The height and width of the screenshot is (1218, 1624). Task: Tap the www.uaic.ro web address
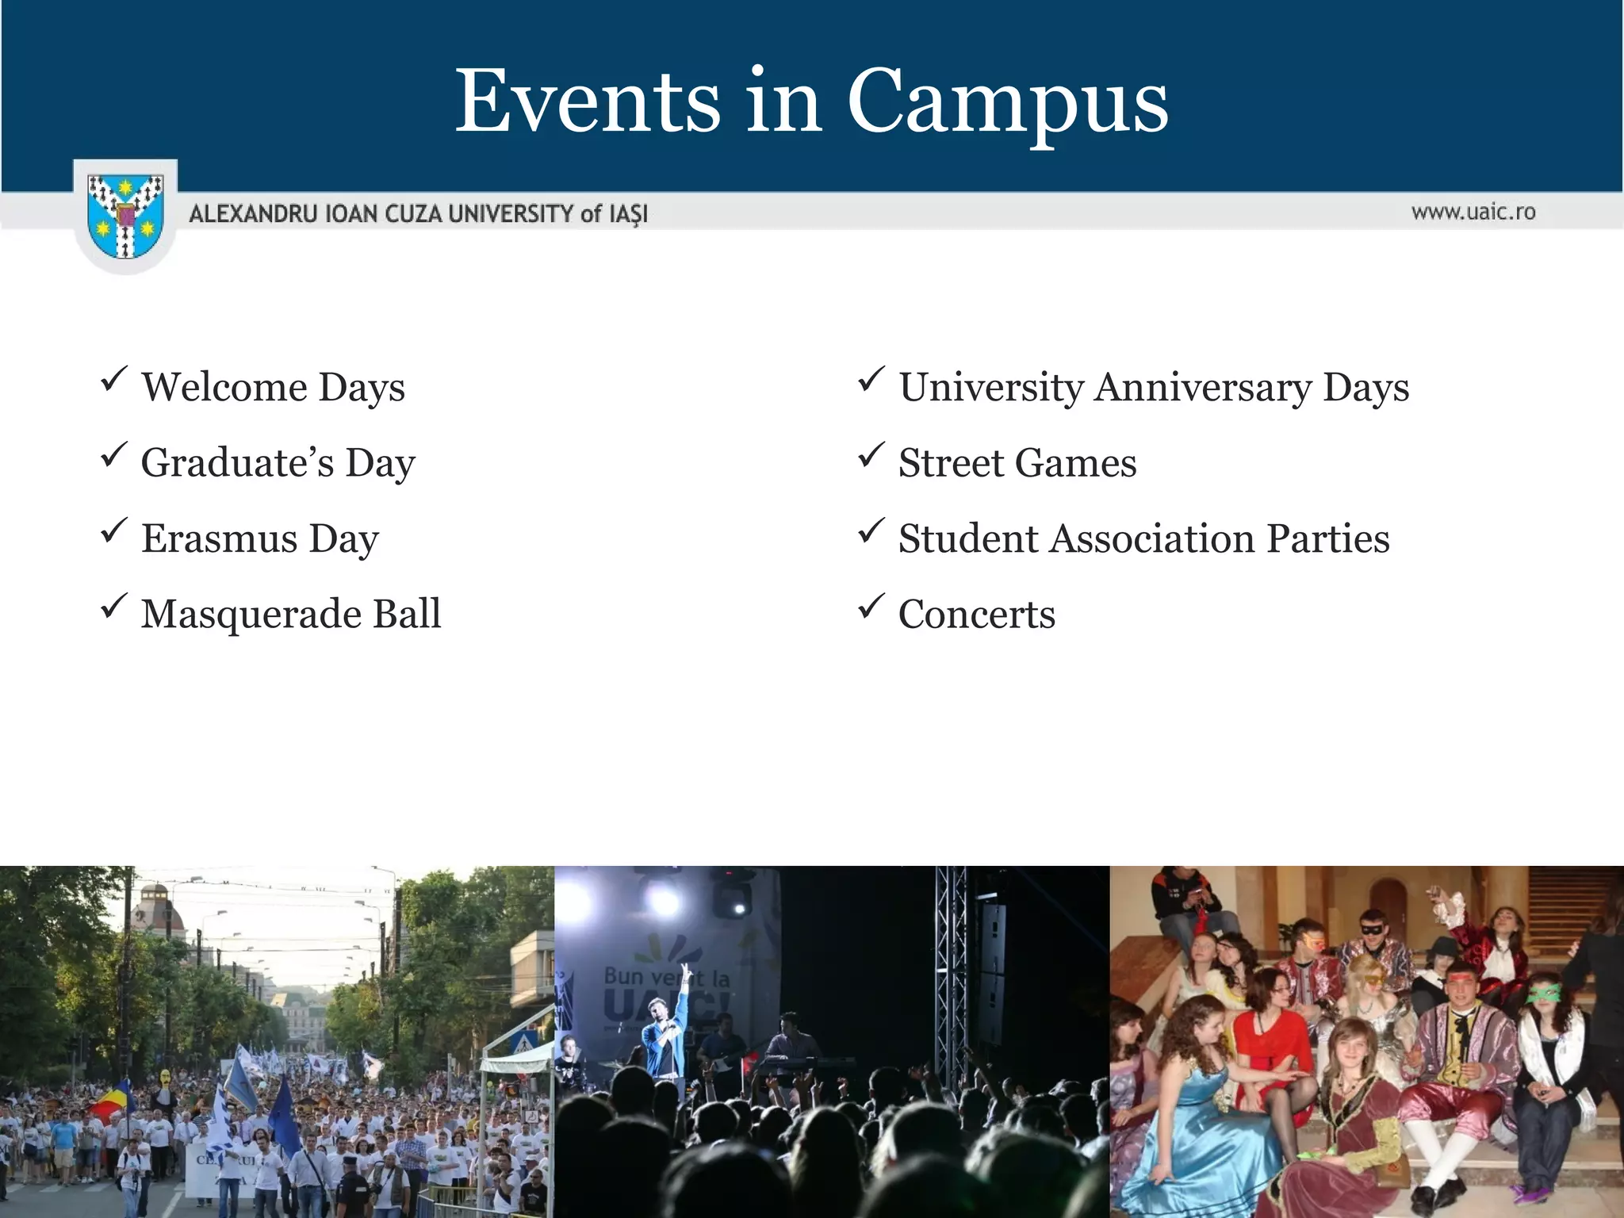[1473, 212]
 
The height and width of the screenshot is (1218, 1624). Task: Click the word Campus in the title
[1008, 101]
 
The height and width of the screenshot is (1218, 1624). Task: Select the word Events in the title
[588, 101]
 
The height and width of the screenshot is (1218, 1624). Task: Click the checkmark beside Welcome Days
[114, 379]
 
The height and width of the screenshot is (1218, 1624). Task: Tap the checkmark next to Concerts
[871, 607]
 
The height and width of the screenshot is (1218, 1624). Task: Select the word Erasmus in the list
[219, 538]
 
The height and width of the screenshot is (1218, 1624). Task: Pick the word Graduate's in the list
[237, 463]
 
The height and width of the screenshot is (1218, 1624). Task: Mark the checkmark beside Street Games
[871, 455]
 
